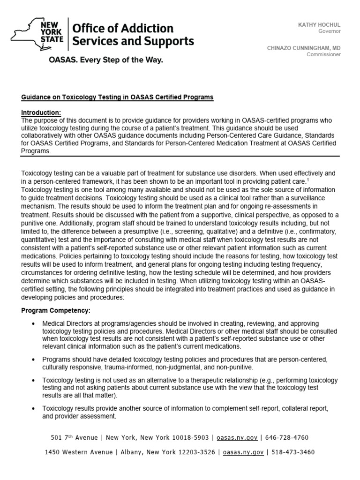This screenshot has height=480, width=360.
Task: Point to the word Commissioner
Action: (x=323, y=54)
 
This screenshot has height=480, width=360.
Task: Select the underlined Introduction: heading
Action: (x=41, y=112)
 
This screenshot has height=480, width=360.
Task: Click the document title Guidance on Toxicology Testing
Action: (x=117, y=97)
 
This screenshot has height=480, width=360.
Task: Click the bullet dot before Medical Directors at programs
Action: (x=32, y=324)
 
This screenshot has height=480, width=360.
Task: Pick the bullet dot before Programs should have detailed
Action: (x=32, y=360)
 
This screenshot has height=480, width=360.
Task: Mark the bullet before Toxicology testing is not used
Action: (x=32, y=380)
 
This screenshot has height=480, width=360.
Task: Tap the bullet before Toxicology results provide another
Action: (x=32, y=409)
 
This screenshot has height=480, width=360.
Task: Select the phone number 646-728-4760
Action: (x=288, y=438)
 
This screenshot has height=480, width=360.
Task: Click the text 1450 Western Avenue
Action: (x=79, y=452)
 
